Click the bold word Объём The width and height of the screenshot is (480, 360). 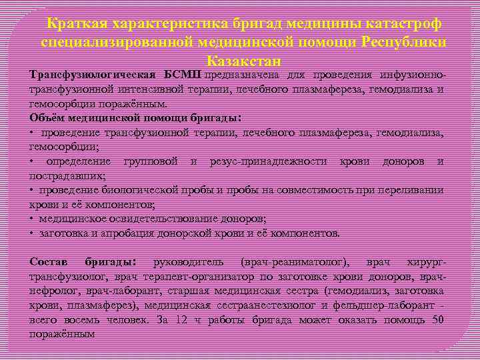click(x=48, y=118)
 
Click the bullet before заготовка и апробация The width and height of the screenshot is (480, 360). click(x=32, y=233)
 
